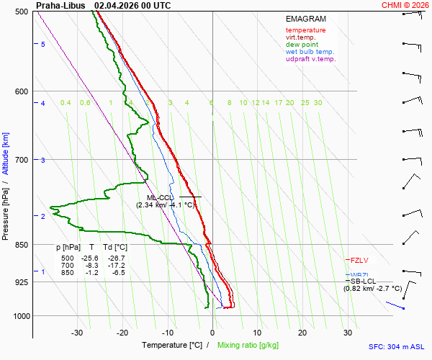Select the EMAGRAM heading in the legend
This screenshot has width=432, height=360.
[307, 19]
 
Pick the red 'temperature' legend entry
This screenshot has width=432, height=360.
[305, 30]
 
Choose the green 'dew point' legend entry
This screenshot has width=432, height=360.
[301, 45]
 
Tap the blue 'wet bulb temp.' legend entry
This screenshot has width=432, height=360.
[310, 52]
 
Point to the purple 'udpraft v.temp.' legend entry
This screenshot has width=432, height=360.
[310, 59]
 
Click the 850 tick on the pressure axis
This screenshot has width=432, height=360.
[22, 245]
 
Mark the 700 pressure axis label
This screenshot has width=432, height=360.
[22, 159]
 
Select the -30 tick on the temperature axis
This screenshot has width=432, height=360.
[77, 333]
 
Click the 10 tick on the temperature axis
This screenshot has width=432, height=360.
[257, 333]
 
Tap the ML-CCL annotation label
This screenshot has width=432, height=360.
[161, 197]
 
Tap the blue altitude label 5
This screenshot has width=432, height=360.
[42, 45]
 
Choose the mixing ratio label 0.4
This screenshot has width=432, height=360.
[66, 103]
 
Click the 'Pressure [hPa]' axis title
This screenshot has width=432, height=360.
[5, 209]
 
